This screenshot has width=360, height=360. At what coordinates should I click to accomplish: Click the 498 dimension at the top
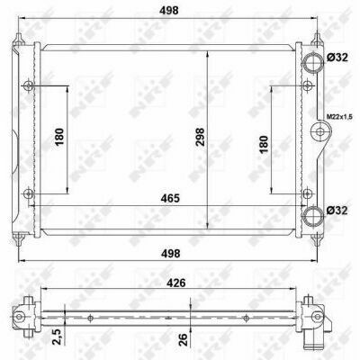point(169,10)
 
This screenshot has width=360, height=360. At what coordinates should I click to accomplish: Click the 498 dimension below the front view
point(170,254)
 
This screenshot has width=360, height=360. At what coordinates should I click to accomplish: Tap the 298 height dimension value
point(200,137)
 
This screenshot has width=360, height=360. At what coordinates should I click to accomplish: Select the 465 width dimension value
point(170,198)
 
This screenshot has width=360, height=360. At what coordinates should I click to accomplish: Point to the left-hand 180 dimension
point(59,137)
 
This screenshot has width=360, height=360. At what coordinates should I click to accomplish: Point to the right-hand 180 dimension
point(264,144)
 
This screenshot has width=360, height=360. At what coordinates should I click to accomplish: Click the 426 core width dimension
point(176,283)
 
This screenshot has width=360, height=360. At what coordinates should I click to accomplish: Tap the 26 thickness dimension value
point(184,339)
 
